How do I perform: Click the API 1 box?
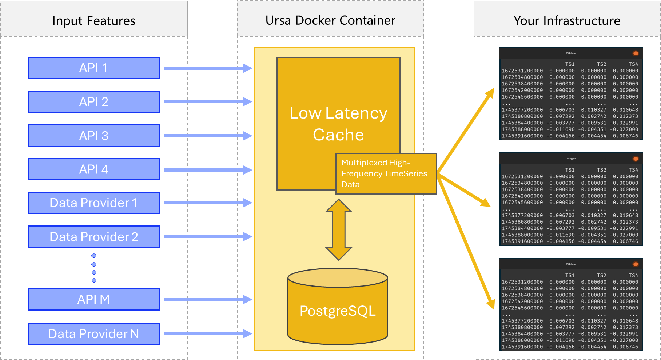click(x=94, y=68)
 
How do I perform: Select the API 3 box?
click(x=94, y=136)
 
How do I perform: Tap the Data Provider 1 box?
click(x=94, y=203)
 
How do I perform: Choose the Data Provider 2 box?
click(x=94, y=237)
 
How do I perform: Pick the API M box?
click(x=94, y=300)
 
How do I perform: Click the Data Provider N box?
click(x=94, y=334)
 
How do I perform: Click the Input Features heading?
click(x=94, y=21)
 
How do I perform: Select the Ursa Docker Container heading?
click(x=330, y=20)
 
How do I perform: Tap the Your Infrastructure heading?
click(x=567, y=21)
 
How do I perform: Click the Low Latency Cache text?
click(x=338, y=124)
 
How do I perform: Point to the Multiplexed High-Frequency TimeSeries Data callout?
click(x=386, y=174)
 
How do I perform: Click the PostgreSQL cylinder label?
click(x=338, y=311)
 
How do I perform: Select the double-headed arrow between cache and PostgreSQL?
click(x=339, y=230)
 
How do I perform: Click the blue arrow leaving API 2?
click(x=207, y=102)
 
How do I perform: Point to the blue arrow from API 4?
click(x=207, y=170)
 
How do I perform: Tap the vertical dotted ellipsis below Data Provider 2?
click(x=94, y=268)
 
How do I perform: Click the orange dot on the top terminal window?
click(x=636, y=53)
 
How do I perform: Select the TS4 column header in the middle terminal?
click(x=633, y=170)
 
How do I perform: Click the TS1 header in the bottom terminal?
click(x=570, y=275)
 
